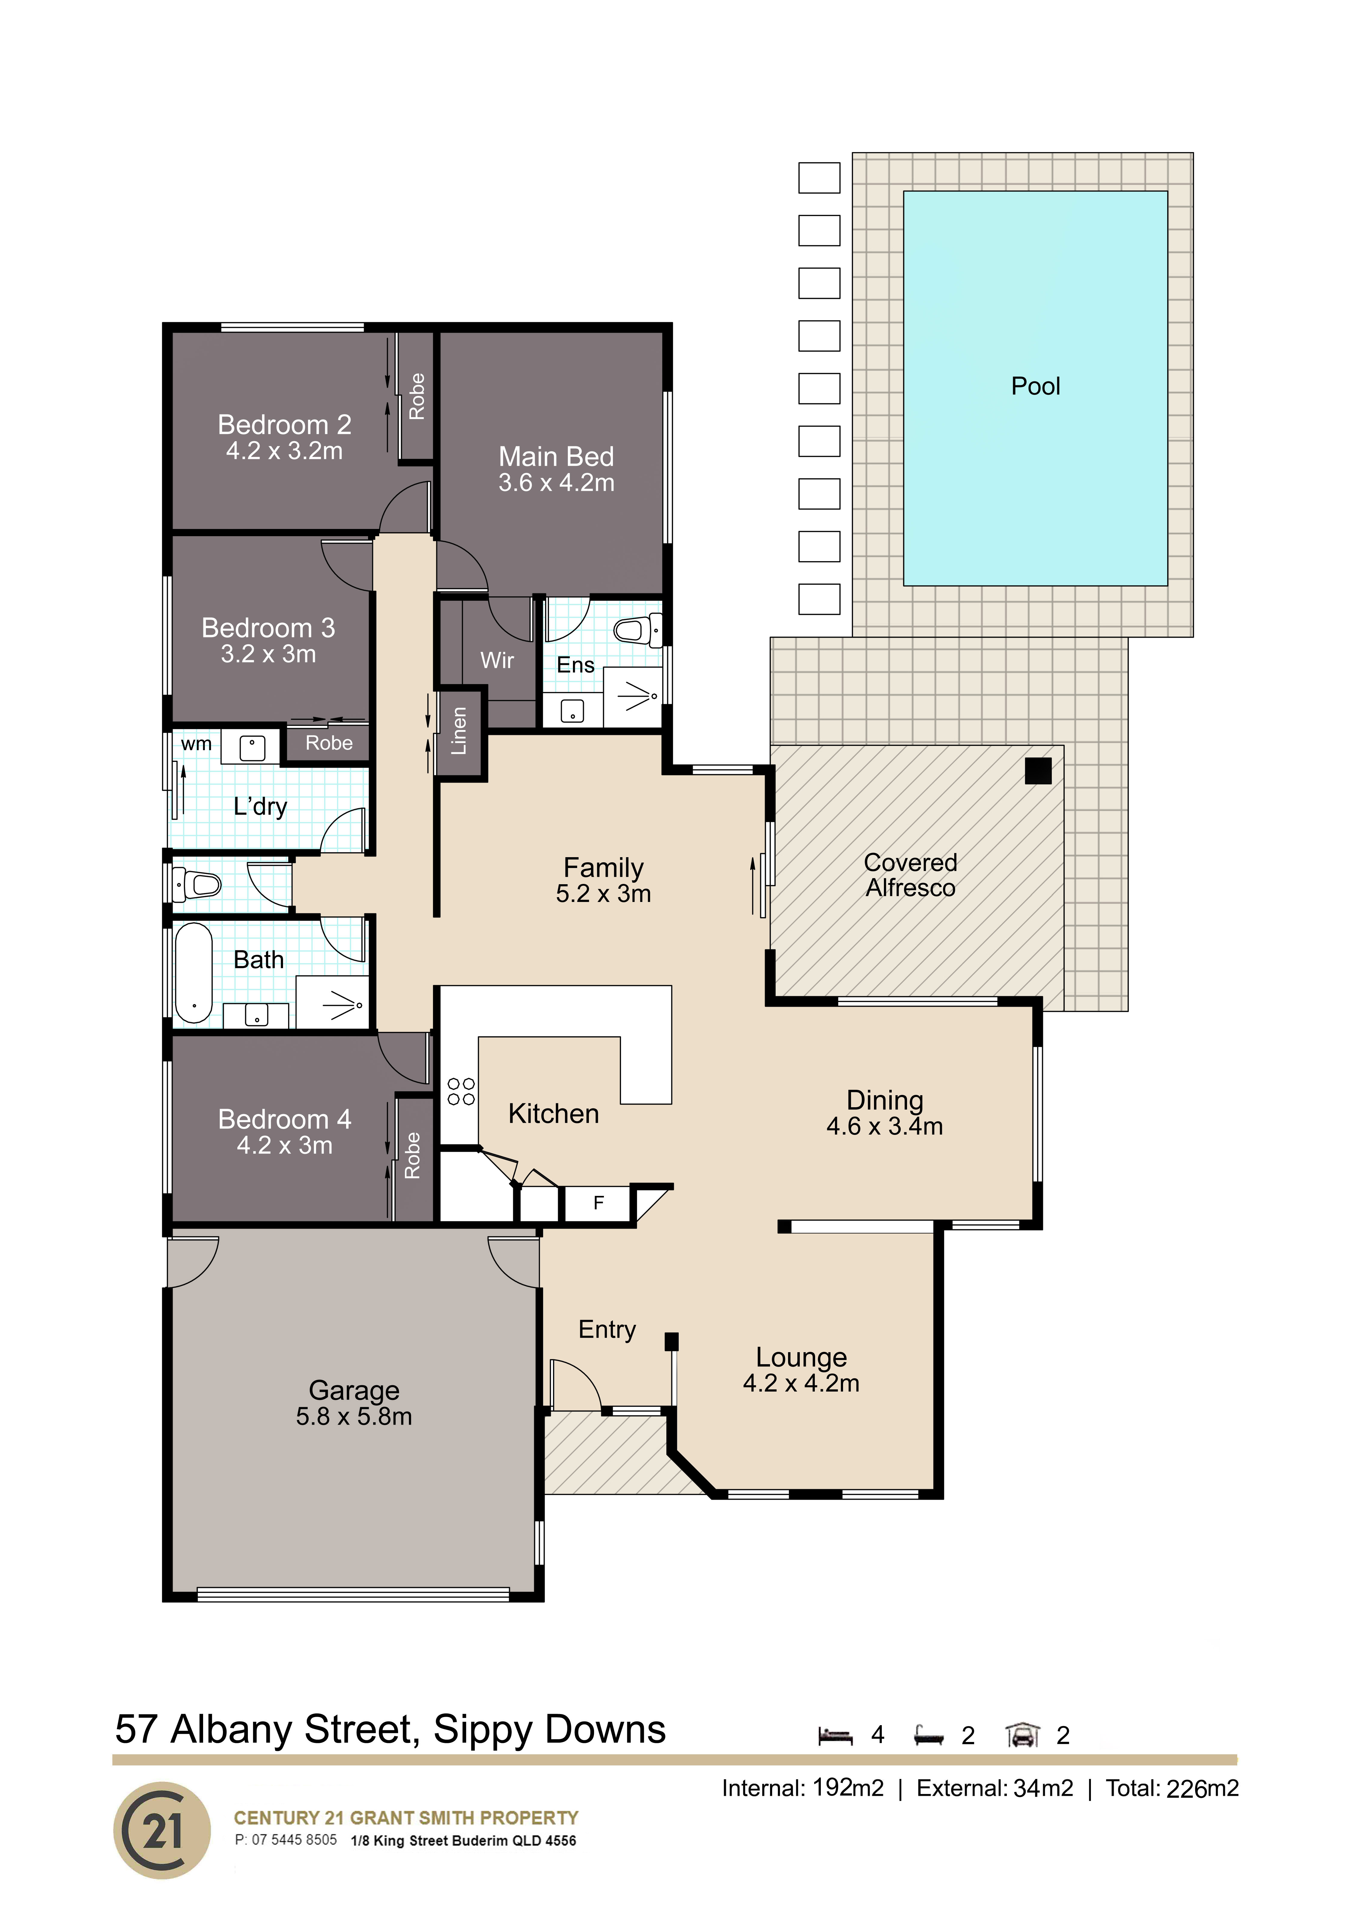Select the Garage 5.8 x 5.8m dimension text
354,1416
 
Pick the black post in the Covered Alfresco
1038,771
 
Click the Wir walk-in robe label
497,661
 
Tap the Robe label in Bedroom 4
412,1156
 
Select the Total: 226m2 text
1172,1788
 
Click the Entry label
607,1330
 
